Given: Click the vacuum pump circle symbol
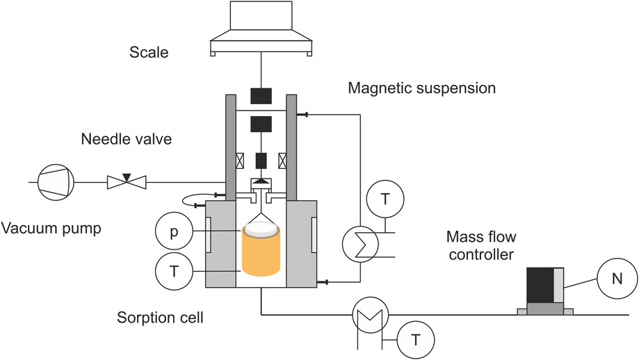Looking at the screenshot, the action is pyautogui.click(x=56, y=182).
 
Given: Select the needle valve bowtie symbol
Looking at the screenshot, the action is pyautogui.click(x=127, y=181).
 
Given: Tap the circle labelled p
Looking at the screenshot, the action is pyautogui.click(x=174, y=231).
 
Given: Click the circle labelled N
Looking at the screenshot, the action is pyautogui.click(x=617, y=279).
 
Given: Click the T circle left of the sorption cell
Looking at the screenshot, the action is pyautogui.click(x=174, y=271).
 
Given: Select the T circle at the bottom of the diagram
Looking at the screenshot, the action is pyautogui.click(x=416, y=340).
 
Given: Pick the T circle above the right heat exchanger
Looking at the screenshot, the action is pyautogui.click(x=385, y=199).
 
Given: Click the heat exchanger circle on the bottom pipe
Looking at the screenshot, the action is pyautogui.click(x=370, y=314).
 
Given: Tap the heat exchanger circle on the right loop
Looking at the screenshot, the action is pyautogui.click(x=360, y=245).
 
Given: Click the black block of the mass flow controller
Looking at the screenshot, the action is pyautogui.click(x=540, y=285).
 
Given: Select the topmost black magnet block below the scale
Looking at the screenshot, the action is pyautogui.click(x=261, y=96).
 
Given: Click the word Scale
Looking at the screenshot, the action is pyautogui.click(x=149, y=52).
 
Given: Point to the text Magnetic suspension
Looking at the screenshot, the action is pyautogui.click(x=422, y=88).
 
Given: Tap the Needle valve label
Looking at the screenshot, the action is pyautogui.click(x=127, y=139).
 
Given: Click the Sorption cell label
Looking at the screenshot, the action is pyautogui.click(x=160, y=317).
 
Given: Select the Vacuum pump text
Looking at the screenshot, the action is pyautogui.click(x=51, y=228).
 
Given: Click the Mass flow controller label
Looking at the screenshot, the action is pyautogui.click(x=481, y=245).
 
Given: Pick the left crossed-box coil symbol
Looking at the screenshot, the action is pyautogui.click(x=240, y=161).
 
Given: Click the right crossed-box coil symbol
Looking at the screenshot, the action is pyautogui.click(x=282, y=161).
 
